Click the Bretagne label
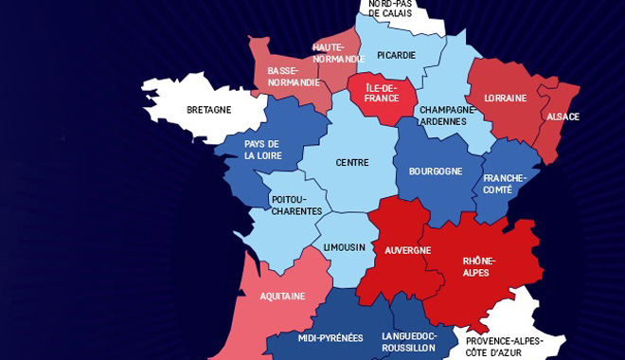point(208,110)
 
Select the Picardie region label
point(396,55)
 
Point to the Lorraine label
point(506,98)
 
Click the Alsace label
point(562,117)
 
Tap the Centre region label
point(352,163)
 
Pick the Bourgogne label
point(435,171)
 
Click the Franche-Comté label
point(504,184)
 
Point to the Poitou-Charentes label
point(296,206)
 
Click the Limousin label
point(344,247)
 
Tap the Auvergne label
point(407,250)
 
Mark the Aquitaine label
point(282,296)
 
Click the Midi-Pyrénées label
point(330,338)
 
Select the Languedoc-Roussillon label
point(408,341)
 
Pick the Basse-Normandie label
point(283,76)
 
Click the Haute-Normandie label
point(338,53)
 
